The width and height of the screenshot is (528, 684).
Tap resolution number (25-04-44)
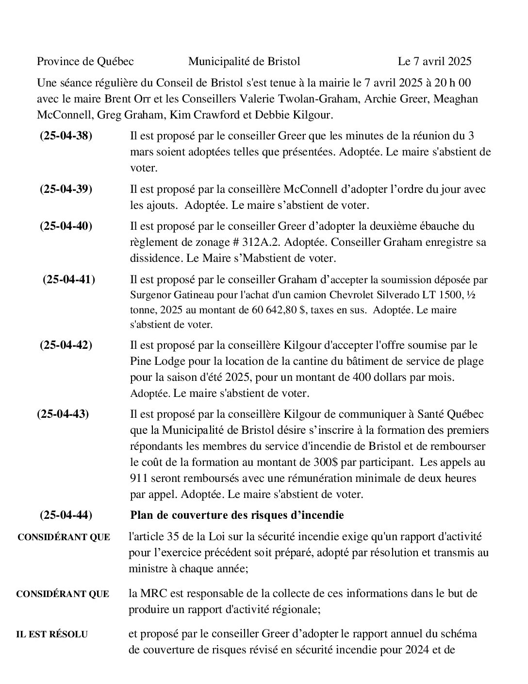66,515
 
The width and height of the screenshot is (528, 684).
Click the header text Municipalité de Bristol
244,61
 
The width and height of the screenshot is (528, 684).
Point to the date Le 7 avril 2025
434,61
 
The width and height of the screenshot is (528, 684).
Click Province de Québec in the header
85,61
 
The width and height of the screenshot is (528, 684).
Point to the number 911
139,478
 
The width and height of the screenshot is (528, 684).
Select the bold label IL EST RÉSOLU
52,634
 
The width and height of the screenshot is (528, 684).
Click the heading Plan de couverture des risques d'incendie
237,515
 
